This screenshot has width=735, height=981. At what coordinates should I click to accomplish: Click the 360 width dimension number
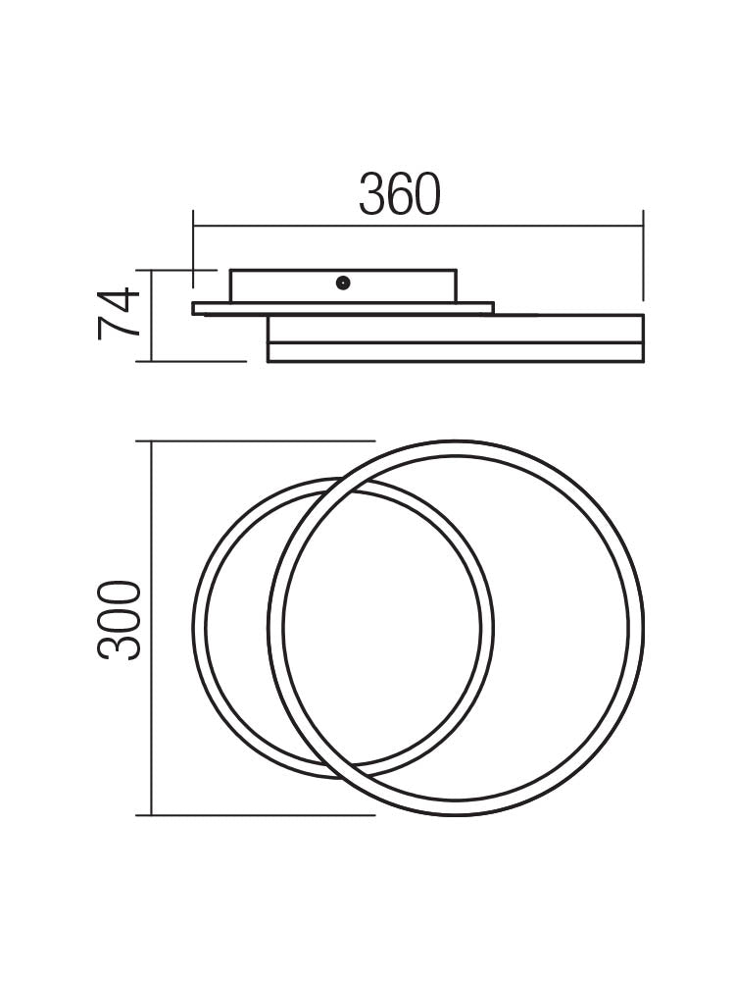[x=400, y=194]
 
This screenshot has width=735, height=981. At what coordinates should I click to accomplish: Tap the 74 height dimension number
[x=120, y=314]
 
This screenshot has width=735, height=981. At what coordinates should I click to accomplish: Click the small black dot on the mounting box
[x=342, y=283]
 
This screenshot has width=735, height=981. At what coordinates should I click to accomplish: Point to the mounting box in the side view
[x=294, y=285]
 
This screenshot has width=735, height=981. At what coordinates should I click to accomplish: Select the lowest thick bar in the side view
[x=455, y=352]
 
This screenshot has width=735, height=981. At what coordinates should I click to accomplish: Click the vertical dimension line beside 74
[x=150, y=315]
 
